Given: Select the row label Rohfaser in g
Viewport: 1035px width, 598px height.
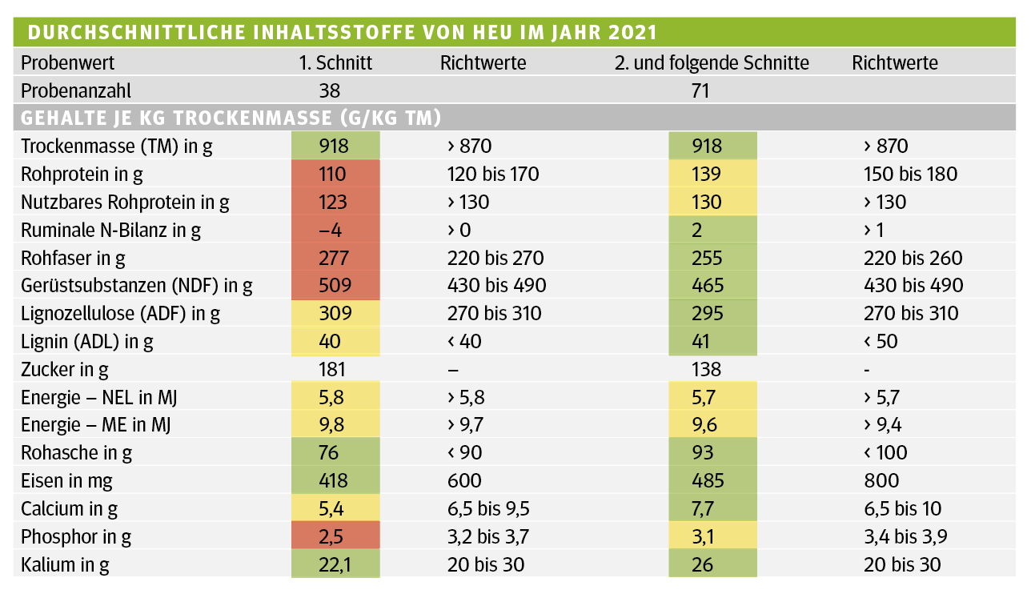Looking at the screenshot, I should click(74, 258).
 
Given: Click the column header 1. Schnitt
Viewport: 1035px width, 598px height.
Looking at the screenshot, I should click(335, 62).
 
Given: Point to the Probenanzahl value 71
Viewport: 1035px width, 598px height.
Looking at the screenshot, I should click(700, 90).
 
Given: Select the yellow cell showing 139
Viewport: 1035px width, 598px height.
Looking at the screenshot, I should click(712, 174).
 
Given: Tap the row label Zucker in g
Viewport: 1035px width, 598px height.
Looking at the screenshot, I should click(65, 369).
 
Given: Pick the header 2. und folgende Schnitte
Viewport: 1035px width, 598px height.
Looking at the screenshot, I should click(712, 62).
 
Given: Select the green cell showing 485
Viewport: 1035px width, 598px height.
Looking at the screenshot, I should click(712, 480).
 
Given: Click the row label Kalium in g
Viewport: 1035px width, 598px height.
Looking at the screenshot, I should click(65, 564).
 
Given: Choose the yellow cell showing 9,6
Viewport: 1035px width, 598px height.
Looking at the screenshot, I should click(712, 425).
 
